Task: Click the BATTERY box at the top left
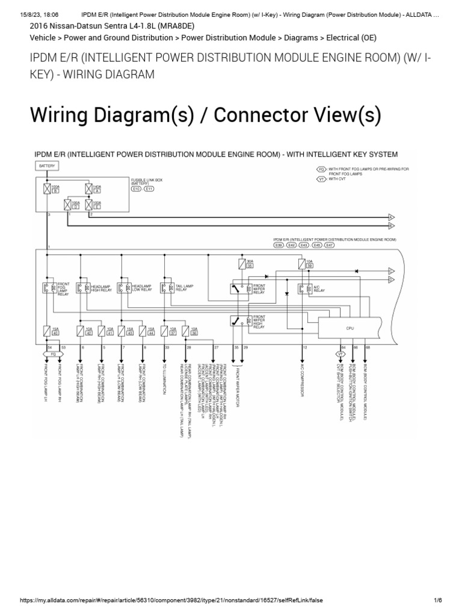point(46,165)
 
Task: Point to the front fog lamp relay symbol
point(47,288)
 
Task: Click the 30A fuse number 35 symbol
point(242,263)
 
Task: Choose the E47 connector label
point(329,245)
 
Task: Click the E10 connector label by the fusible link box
point(137,189)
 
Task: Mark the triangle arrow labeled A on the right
point(391,217)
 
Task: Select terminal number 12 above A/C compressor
point(305,348)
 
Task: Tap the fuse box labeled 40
point(47,330)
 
